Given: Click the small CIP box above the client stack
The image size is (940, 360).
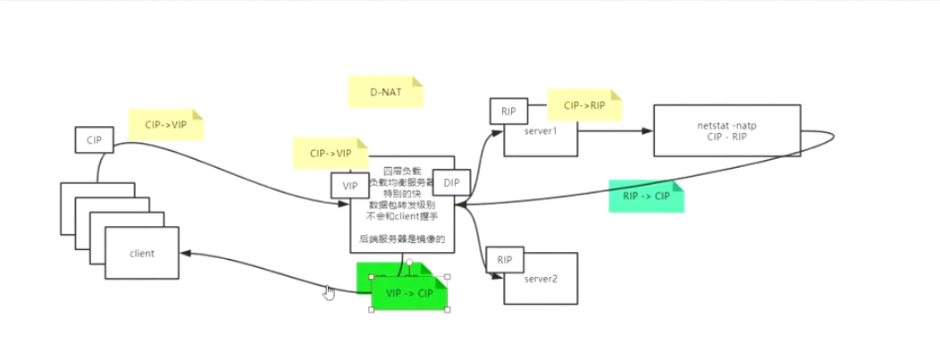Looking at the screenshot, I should coord(94,140).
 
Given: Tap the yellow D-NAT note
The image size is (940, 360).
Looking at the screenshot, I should coord(385,92).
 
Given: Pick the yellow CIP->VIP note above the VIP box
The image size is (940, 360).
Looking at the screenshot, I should coord(331,153).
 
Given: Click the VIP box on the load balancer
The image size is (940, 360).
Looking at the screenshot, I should coord(350,186).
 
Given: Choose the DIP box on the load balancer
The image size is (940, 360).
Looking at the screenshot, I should coord(451,183).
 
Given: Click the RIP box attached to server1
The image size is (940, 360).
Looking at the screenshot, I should coord(508,112).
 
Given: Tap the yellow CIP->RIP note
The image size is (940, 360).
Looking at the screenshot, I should coord(584,105).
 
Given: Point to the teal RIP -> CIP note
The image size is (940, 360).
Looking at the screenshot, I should coord(645,197).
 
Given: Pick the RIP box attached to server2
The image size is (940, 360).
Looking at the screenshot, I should coord(505,260).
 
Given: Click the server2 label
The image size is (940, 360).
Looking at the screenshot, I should coord(541,279).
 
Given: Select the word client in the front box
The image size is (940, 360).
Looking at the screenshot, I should coord(141,254).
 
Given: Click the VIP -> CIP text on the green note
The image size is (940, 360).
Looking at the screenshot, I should coord(409,293).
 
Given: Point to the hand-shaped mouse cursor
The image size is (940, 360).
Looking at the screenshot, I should coord(329,293).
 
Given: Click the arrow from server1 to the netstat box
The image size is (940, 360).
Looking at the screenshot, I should coord(617,130).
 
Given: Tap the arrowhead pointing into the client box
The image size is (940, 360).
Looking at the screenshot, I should coord(186,254).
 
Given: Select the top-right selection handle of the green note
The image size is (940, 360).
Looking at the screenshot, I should coord(447,277).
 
